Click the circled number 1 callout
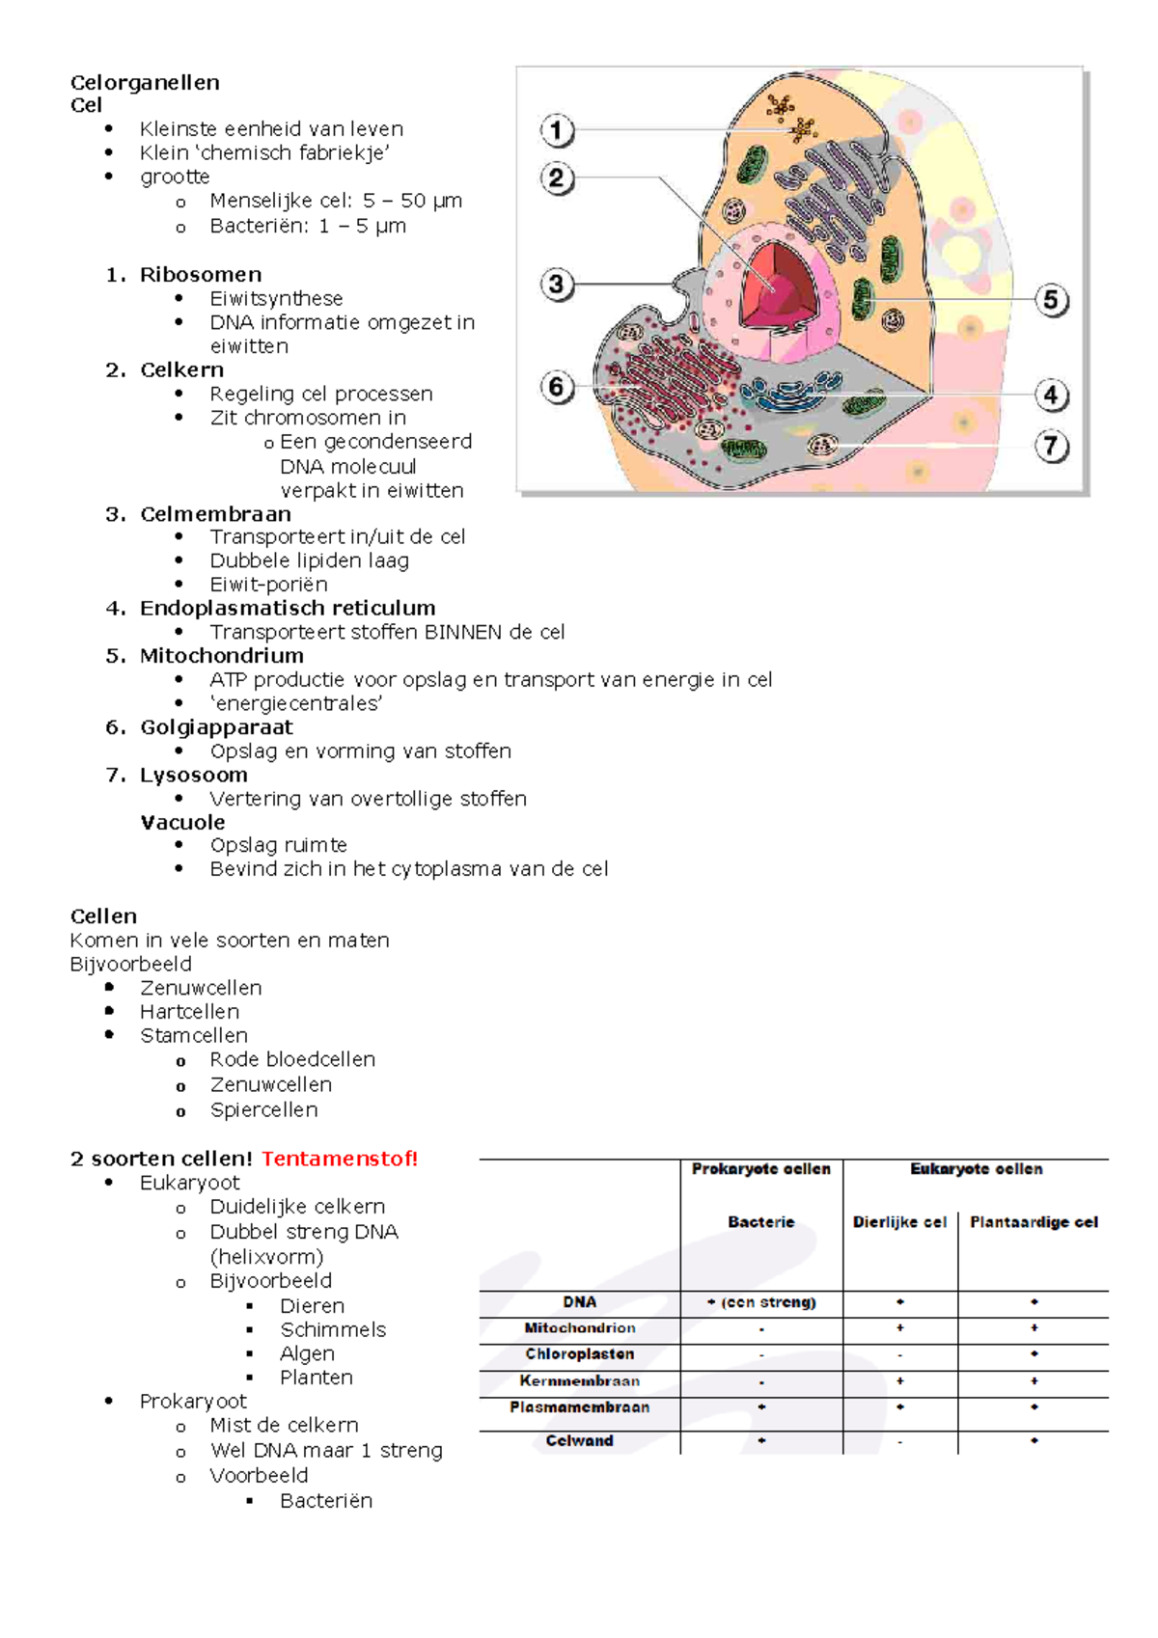click(557, 130)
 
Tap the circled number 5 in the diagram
click(1051, 300)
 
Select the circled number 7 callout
click(1051, 447)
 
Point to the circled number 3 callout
click(557, 285)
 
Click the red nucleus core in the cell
click(777, 285)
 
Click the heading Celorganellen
click(145, 82)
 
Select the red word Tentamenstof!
click(340, 1159)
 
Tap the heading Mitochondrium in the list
click(221, 656)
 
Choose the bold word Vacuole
click(182, 823)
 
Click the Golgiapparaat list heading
click(216, 727)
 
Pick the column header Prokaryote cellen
click(760, 1169)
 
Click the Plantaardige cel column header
click(1034, 1222)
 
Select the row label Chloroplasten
click(579, 1354)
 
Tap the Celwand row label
click(579, 1440)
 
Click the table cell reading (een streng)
click(762, 1302)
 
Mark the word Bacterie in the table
click(760, 1222)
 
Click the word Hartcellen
click(189, 1012)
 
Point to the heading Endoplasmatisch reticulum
click(288, 609)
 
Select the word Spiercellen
click(263, 1110)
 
